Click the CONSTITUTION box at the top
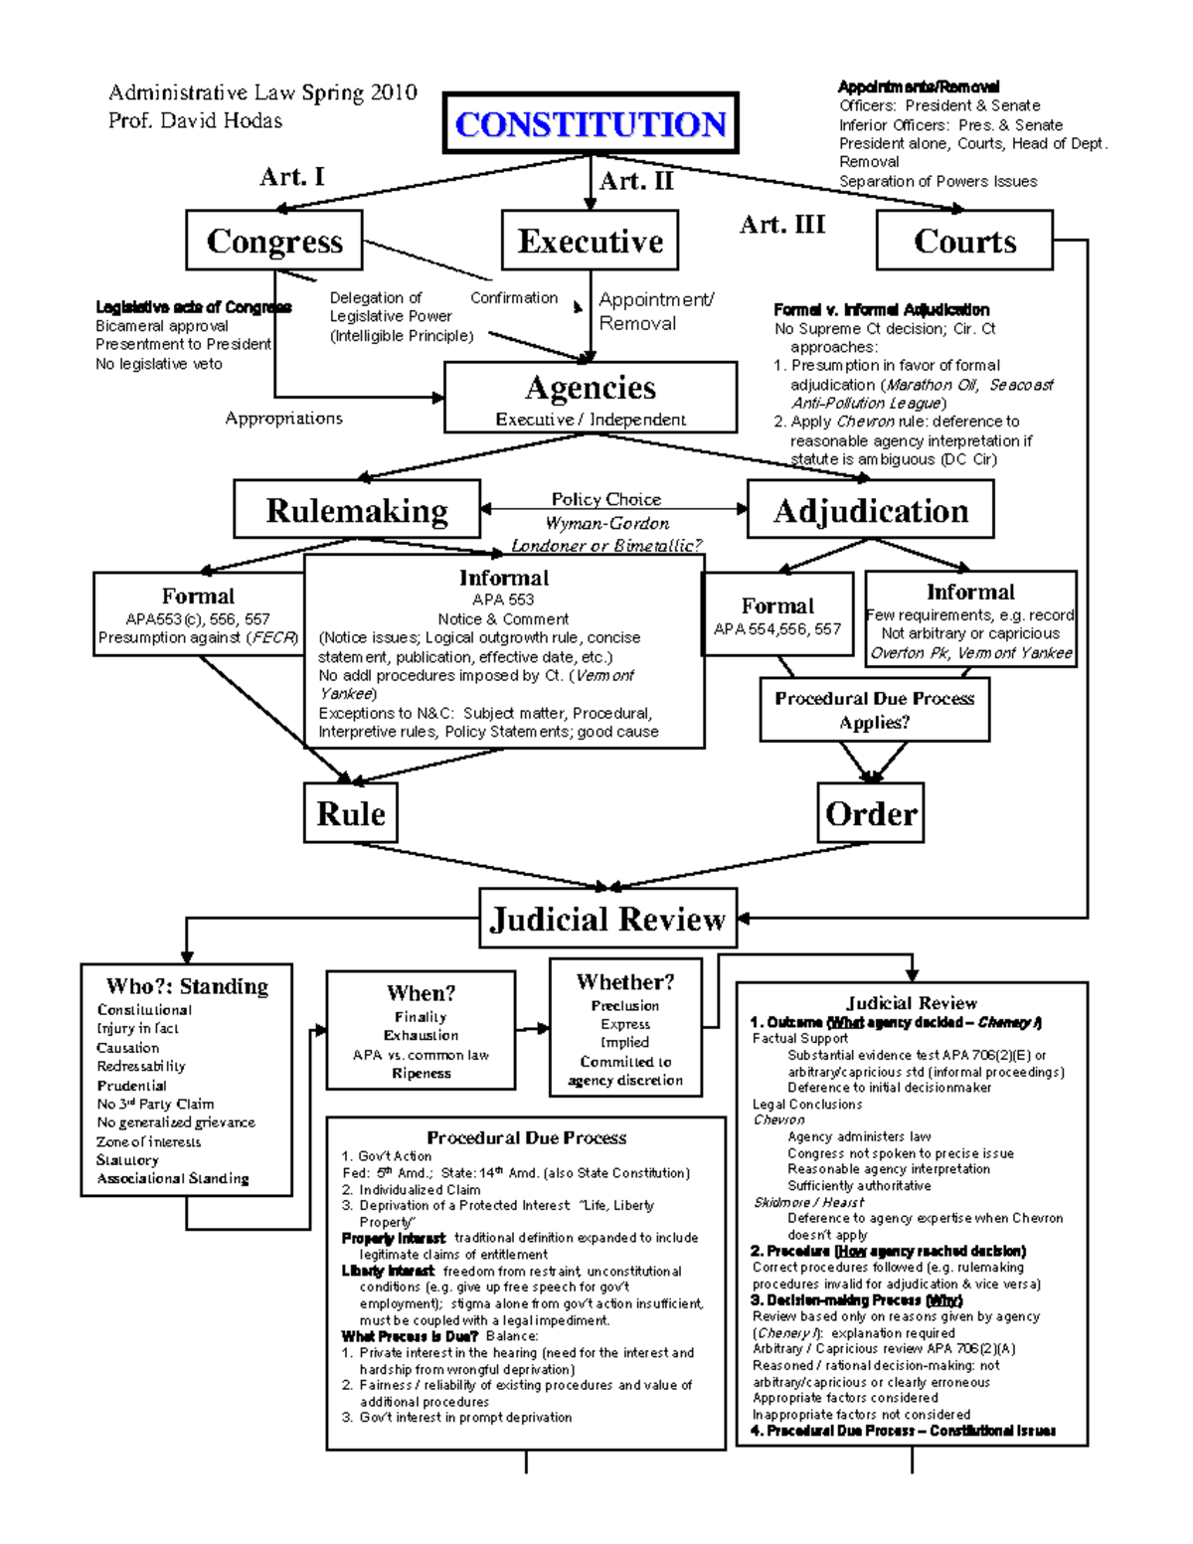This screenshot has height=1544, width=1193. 591,124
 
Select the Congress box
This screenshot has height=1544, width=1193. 274,241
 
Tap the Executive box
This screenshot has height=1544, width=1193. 590,241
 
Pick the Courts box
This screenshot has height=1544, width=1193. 964,241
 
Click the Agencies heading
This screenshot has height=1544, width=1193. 591,387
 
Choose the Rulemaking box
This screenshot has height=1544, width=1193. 357,510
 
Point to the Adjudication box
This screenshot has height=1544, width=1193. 870,510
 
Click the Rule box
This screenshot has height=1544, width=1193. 350,813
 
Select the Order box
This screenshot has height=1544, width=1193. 871,813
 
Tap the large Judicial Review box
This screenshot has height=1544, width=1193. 607,918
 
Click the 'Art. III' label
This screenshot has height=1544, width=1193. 782,225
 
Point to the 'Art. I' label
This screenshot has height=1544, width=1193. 291,177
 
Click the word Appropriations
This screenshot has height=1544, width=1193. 283,419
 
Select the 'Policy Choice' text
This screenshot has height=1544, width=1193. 606,499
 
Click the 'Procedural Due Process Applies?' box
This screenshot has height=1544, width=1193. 875,710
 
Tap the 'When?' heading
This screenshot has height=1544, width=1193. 422,993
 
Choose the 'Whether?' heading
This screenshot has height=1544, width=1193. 625,982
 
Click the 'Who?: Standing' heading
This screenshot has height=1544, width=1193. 187,986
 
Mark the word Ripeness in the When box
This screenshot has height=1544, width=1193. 422,1074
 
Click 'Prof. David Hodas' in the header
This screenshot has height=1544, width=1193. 195,121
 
